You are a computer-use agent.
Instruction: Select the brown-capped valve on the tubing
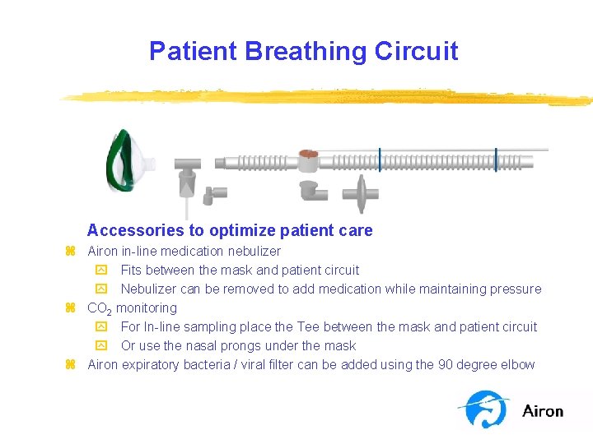[309, 156]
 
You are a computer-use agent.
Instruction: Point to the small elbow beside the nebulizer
[216, 196]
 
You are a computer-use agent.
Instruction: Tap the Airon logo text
[543, 411]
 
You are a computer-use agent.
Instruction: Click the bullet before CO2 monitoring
[71, 308]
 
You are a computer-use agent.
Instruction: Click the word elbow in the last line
[517, 364]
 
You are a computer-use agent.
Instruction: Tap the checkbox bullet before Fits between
[101, 271]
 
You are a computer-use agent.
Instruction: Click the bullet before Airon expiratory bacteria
[71, 365]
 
